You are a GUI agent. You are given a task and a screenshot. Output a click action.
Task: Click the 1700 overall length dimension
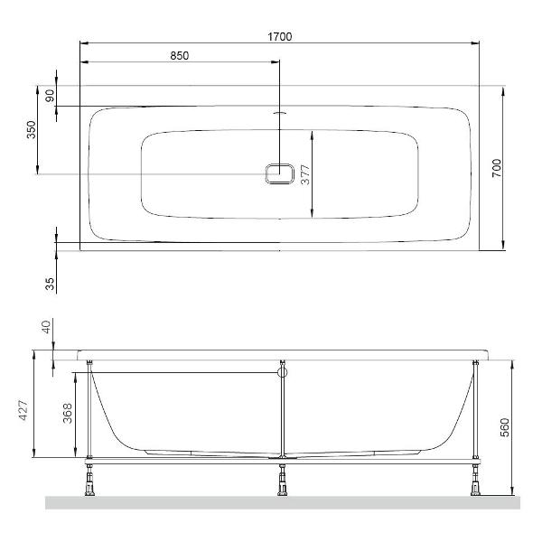click(280, 37)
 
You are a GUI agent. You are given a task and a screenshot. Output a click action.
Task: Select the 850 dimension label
click(180, 56)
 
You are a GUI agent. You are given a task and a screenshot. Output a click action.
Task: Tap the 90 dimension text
click(50, 96)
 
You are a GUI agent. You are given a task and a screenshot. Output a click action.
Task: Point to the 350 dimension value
click(32, 129)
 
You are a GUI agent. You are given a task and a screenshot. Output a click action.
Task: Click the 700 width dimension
click(496, 168)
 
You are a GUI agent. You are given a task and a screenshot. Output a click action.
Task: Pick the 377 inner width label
click(305, 175)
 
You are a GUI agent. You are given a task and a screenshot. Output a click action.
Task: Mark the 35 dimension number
click(50, 284)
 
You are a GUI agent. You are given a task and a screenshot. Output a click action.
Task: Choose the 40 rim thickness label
click(46, 326)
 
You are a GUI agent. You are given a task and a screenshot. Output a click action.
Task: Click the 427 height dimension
click(23, 411)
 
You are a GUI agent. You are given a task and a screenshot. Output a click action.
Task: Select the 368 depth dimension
click(68, 413)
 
